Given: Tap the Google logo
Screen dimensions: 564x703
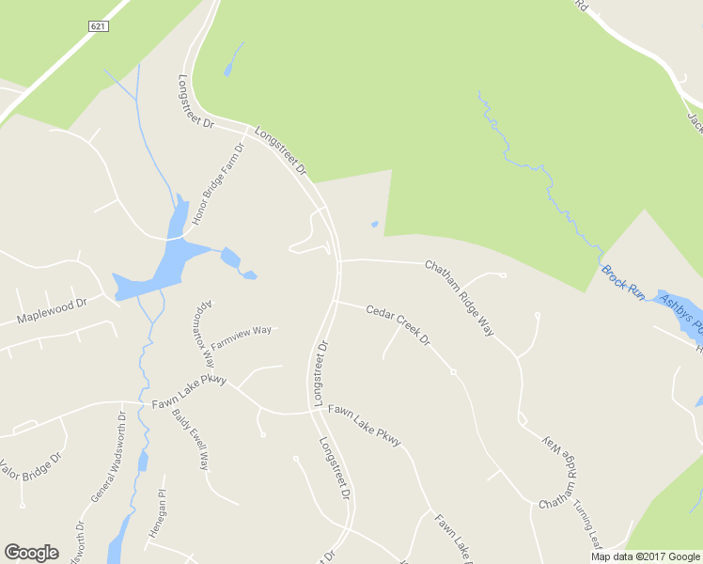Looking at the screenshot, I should click(31, 553).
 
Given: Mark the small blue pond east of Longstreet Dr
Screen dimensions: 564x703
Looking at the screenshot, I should click(375, 224).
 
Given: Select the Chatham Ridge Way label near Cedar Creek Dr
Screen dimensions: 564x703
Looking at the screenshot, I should click(460, 297).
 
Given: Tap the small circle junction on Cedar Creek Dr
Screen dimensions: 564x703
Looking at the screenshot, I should click(453, 372).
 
